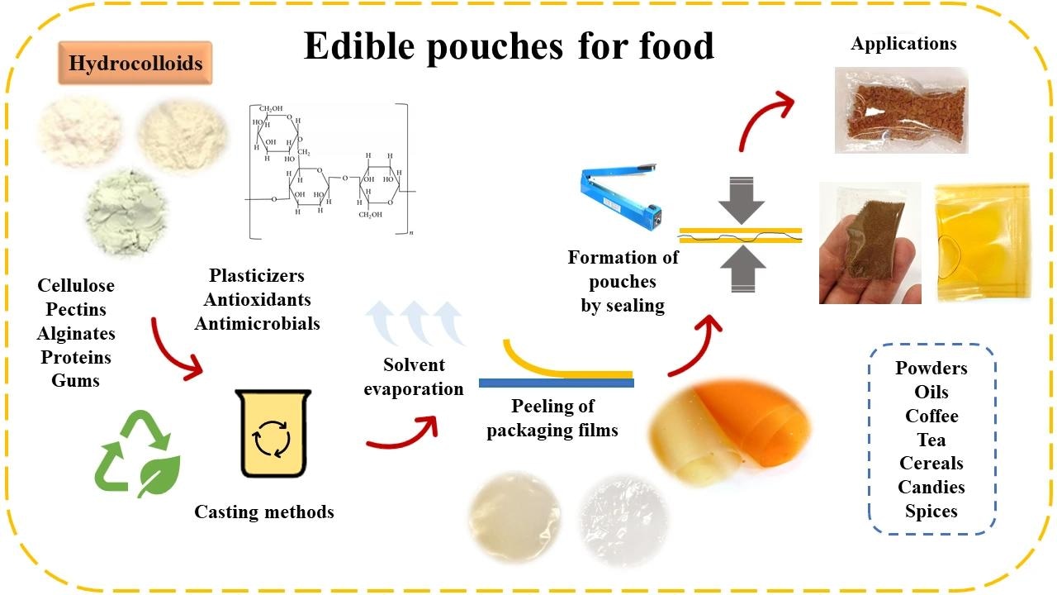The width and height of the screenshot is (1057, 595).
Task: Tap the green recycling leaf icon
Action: (135, 455)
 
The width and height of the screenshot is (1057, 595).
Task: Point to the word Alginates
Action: (76, 334)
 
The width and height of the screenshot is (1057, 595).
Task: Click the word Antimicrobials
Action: (257, 323)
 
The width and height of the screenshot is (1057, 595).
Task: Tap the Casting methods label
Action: (264, 512)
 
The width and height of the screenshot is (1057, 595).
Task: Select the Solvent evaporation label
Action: (414, 377)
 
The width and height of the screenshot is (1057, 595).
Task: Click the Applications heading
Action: (903, 43)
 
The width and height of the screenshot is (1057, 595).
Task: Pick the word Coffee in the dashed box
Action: (931, 416)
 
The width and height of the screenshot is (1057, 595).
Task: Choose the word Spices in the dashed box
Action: (931, 512)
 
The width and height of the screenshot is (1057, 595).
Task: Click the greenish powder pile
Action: (128, 203)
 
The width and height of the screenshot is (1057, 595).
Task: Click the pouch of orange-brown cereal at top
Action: (901, 111)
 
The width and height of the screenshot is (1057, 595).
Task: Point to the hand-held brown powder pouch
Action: (870, 244)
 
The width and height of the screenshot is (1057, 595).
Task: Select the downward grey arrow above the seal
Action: (741, 201)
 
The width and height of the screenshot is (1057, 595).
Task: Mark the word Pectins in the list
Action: (76, 310)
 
